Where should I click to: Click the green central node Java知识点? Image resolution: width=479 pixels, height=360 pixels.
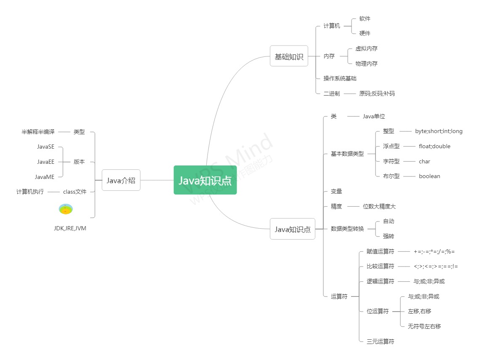[205, 180]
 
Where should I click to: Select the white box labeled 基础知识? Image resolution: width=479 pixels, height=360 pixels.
[289, 56]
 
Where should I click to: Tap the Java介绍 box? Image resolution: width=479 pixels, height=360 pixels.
[121, 181]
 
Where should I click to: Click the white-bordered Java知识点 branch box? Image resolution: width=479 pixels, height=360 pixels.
[292, 229]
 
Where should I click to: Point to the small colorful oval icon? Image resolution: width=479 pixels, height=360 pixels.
[66, 209]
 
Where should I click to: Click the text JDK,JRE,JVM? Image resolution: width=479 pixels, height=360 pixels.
[70, 228]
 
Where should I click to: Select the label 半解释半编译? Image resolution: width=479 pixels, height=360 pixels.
[38, 132]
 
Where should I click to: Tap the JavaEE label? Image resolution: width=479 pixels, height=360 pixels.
[45, 162]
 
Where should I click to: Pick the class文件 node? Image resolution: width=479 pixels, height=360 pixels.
[75, 192]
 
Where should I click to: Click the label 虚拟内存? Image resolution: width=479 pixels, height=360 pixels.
[366, 48]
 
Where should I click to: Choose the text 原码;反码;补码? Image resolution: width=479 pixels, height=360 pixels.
[377, 93]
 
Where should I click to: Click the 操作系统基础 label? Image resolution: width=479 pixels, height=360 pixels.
[340, 78]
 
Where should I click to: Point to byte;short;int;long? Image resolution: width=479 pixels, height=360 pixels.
[439, 131]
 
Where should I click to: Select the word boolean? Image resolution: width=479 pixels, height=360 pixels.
[429, 176]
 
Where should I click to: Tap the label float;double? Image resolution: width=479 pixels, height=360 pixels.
[434, 146]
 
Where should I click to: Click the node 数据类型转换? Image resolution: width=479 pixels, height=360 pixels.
[347, 229]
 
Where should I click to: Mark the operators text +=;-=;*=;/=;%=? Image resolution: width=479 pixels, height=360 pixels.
[434, 251]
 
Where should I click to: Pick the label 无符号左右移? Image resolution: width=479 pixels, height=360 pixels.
[424, 326]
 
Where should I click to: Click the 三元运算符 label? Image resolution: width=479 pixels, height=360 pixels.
[380, 341]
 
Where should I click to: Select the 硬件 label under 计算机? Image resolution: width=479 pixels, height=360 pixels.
[365, 33]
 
